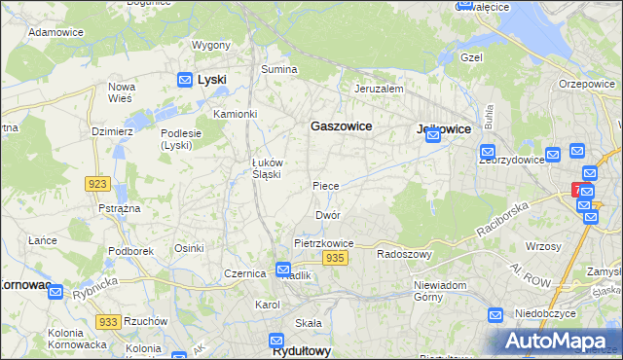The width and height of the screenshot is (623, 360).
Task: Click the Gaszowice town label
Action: (x=341, y=126)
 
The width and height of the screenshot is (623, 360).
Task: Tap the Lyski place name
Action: (x=211, y=80)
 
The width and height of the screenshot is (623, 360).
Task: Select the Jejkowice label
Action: (x=443, y=128)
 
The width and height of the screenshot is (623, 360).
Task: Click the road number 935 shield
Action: (x=335, y=257)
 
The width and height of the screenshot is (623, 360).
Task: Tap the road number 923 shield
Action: (x=96, y=184)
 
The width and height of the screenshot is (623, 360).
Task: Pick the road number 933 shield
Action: (x=108, y=321)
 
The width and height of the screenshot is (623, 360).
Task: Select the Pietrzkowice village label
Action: (x=323, y=243)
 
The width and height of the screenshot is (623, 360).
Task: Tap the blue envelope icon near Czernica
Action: (x=282, y=270)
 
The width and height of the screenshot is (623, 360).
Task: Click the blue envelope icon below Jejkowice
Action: (x=433, y=137)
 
